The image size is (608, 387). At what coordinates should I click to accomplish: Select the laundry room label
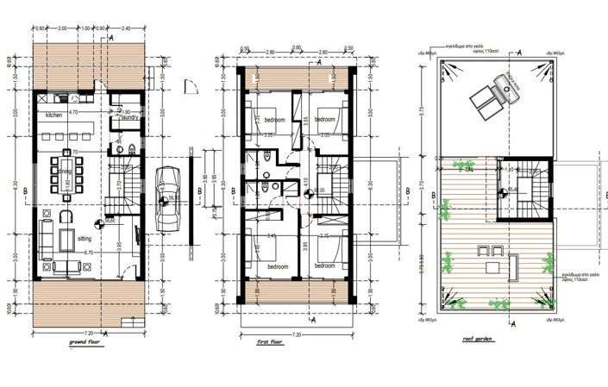pos(129,118)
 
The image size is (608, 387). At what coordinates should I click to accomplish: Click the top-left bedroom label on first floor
pos(275,119)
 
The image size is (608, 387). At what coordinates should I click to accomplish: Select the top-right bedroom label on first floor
pos(325,119)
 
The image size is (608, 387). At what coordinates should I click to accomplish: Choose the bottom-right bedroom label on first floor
pos(325,266)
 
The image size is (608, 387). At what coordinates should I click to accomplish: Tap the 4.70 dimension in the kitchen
pos(74,112)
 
